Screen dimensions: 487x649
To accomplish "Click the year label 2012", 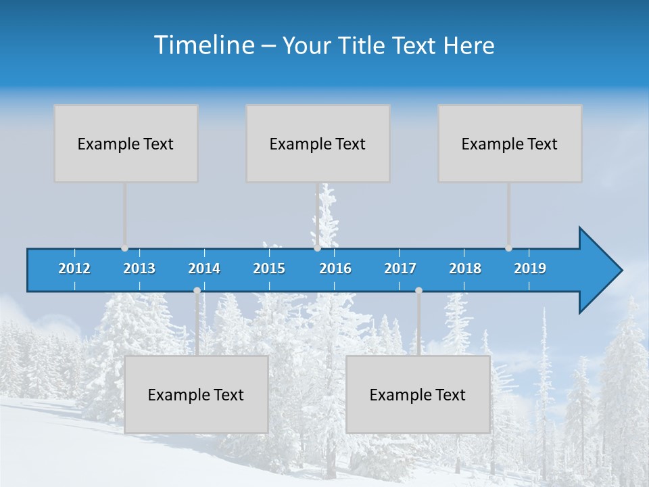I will tap(74, 269).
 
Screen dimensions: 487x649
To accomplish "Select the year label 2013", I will tap(139, 269).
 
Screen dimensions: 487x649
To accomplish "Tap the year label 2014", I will tap(204, 269).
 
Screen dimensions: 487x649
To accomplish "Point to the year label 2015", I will tap(269, 269).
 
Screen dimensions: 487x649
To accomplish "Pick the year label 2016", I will tap(335, 269).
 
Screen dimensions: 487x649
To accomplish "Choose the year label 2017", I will tap(400, 269).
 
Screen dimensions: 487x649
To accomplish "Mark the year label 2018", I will tap(465, 269).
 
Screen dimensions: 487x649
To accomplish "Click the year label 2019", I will tap(530, 269).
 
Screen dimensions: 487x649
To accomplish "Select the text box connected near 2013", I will tap(126, 143).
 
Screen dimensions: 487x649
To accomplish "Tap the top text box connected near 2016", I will tap(318, 143).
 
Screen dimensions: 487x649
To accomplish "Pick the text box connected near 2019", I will tap(510, 143).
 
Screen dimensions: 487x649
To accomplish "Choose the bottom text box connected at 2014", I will tap(196, 394).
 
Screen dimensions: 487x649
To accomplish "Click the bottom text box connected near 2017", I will tap(418, 394).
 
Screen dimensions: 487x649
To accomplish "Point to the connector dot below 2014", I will tap(197, 290).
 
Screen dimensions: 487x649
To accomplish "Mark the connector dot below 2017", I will tap(418, 290).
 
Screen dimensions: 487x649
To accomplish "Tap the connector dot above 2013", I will tap(124, 248).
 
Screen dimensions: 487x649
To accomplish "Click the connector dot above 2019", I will tap(508, 248).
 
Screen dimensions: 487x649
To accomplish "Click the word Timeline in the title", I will tap(204, 45).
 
